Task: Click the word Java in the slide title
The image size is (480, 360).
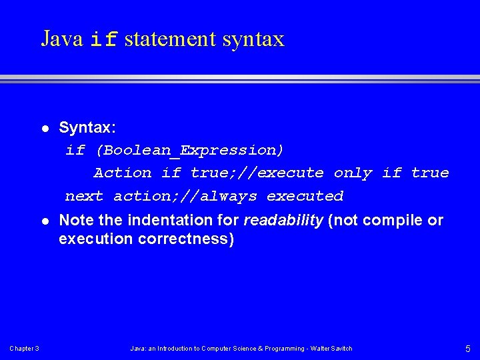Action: coord(61,39)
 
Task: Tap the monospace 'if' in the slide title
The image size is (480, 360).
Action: coord(104,40)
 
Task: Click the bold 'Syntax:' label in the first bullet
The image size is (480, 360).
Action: coord(87,127)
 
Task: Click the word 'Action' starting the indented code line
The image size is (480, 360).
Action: coord(123,173)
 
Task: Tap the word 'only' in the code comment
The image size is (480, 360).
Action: coord(353,173)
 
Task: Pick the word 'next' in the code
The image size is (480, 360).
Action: coord(84,196)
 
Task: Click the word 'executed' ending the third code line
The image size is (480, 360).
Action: coord(305,196)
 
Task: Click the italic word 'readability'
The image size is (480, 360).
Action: coord(284,221)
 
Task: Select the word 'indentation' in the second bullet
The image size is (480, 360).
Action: coord(161,221)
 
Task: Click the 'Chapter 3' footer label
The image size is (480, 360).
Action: coord(24,349)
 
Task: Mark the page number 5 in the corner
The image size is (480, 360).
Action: coord(467,349)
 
